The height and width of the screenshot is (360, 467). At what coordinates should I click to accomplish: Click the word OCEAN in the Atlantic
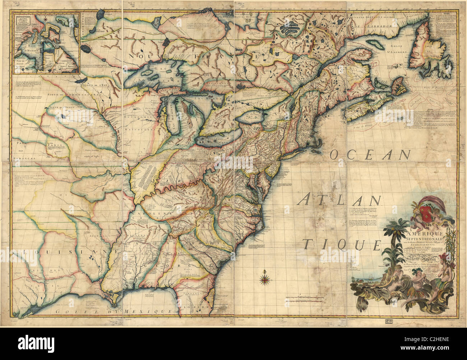(369, 155)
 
